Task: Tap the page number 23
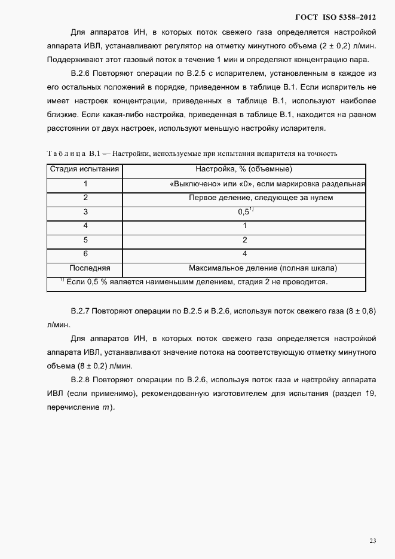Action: tap(372, 540)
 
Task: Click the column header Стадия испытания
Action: tap(85, 170)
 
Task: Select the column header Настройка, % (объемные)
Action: tap(244, 170)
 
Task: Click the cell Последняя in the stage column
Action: tap(85, 268)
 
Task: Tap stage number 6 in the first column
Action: tap(85, 253)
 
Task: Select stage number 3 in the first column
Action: tap(85, 211)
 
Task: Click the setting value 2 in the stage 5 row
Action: tap(245, 239)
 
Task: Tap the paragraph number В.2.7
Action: tap(80, 311)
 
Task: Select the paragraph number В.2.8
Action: tap(80, 380)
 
